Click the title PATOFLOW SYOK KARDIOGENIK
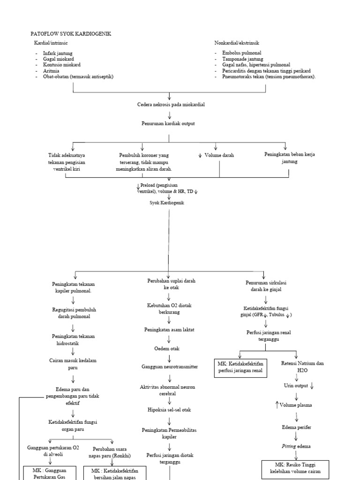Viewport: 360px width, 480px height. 71,34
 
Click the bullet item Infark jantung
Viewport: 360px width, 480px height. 58,53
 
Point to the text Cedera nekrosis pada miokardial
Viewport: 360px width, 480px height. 170,105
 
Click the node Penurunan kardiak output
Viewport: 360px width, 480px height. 168,123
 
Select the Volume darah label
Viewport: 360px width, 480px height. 219,155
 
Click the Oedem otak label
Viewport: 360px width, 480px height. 167,349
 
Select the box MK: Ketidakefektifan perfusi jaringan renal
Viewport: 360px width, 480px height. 240,367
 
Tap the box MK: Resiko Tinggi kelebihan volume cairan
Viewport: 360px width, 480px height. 295,468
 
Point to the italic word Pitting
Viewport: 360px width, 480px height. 287,446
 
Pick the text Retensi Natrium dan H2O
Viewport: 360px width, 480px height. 302,367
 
